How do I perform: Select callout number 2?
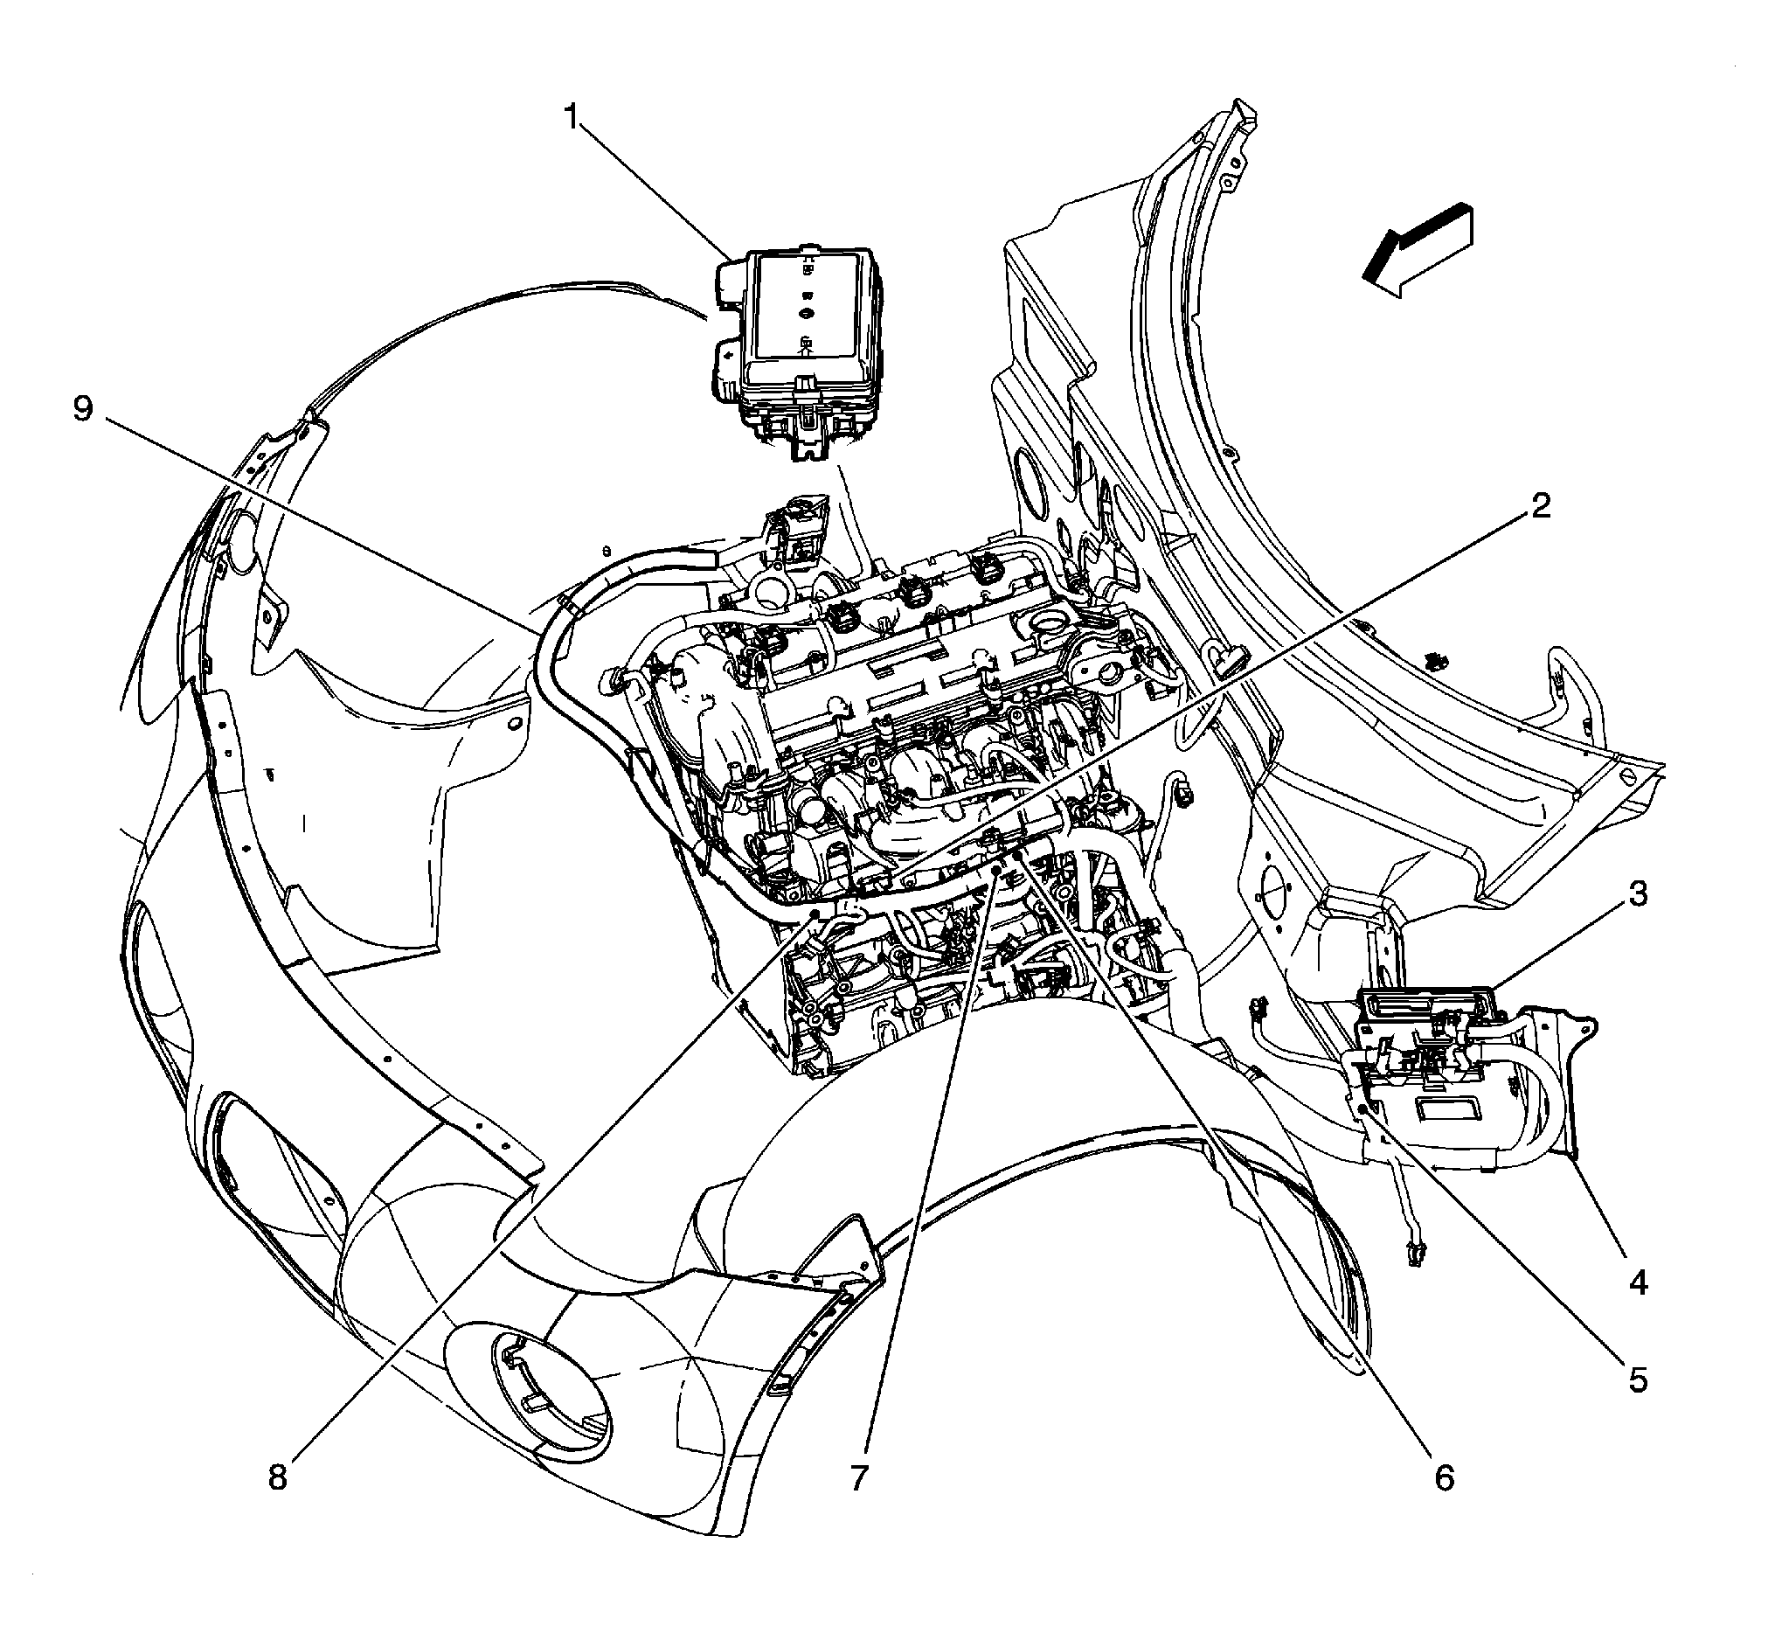pyautogui.click(x=1539, y=507)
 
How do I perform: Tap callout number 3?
pyautogui.click(x=1638, y=893)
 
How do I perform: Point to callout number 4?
pyautogui.click(x=1638, y=1282)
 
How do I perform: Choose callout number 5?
pyautogui.click(x=1638, y=1380)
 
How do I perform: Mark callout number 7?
pyautogui.click(x=858, y=1478)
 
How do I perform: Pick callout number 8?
pyautogui.click(x=278, y=1478)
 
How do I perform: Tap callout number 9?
pyautogui.click(x=82, y=409)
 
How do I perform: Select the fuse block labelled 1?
pyautogui.click(x=799, y=346)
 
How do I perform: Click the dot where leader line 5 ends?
pyautogui.click(x=1362, y=1108)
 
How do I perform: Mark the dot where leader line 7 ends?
pyautogui.click(x=996, y=872)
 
